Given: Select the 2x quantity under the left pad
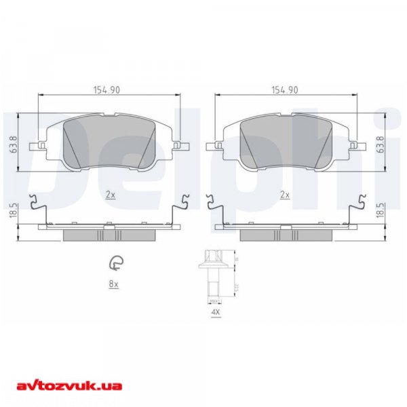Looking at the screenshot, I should click(111, 195).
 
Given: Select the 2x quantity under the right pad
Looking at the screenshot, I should click(286, 195).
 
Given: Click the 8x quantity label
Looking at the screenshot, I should click(114, 285).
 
